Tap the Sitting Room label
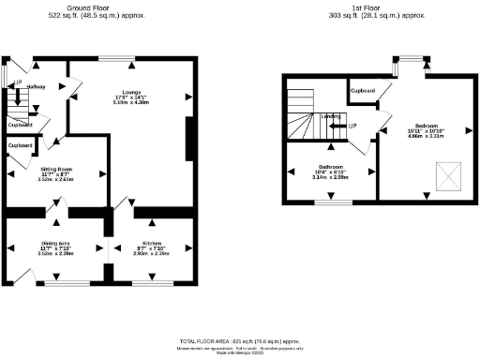point(54,171)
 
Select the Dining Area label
point(54,243)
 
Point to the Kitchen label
point(150,243)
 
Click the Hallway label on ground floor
point(37,87)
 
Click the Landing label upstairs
point(330,116)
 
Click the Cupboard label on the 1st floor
point(364,91)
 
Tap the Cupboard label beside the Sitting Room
point(21,146)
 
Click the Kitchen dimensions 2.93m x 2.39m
point(150,253)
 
